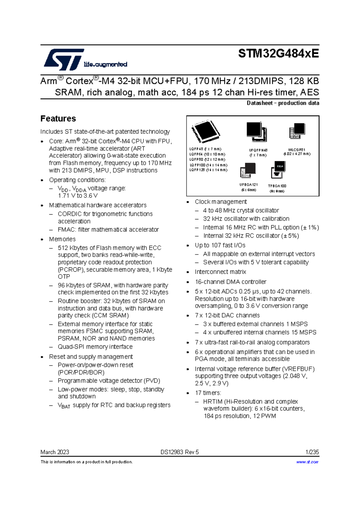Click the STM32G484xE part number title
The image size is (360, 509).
click(278, 54)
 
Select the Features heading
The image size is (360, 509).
click(58, 119)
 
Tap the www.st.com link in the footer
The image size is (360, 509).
click(307, 462)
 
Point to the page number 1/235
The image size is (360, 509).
click(312, 452)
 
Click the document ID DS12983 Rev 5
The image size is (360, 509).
click(179, 452)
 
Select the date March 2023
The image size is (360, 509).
click(55, 452)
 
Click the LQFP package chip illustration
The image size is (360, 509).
click(206, 132)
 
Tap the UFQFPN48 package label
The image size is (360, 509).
click(258, 150)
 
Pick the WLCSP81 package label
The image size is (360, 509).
click(297, 149)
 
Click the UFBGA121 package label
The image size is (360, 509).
click(248, 185)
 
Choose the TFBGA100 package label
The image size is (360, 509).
click(277, 186)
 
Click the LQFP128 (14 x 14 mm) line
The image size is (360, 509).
click(208, 170)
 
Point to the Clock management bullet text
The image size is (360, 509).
click(221, 202)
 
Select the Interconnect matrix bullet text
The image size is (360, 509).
click(220, 272)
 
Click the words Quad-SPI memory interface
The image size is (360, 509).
click(95, 347)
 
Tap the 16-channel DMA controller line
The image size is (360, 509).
click(230, 282)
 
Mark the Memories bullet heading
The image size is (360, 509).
click(62, 239)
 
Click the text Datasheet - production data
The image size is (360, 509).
click(283, 103)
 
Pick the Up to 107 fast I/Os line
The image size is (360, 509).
click(220, 245)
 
